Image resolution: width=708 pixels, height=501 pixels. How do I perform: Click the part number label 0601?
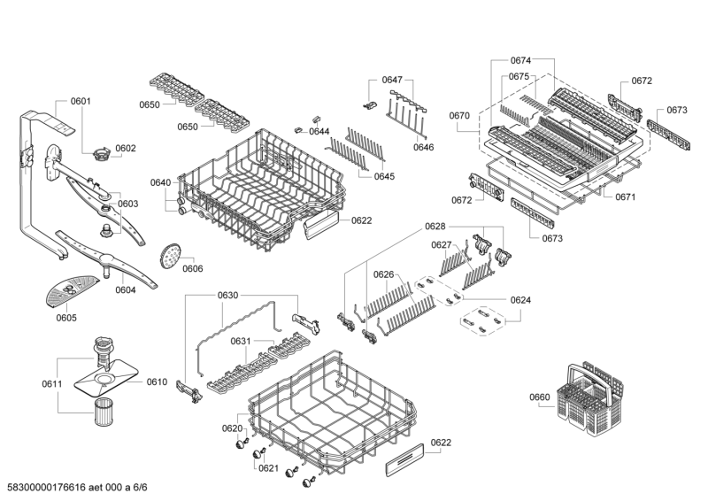pyautogui.click(x=80, y=101)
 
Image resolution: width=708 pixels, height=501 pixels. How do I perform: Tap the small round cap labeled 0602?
pyautogui.click(x=101, y=157)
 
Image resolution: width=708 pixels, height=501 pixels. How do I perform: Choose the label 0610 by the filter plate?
pyautogui.click(x=156, y=382)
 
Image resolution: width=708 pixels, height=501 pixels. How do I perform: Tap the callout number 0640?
pyautogui.click(x=160, y=183)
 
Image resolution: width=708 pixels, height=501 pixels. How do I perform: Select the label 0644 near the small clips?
pyautogui.click(x=319, y=132)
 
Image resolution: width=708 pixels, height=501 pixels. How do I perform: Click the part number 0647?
pyautogui.click(x=392, y=81)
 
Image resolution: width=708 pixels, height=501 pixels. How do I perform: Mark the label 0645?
pyautogui.click(x=383, y=176)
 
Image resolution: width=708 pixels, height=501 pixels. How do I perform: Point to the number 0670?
pyautogui.click(x=459, y=116)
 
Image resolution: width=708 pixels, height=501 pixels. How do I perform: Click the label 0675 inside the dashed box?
pyautogui.click(x=519, y=77)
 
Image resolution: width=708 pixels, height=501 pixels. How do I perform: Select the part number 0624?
pyautogui.click(x=520, y=300)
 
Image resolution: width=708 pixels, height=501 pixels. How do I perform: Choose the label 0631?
pyautogui.click(x=241, y=341)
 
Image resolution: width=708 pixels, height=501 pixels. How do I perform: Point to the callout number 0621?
pyautogui.click(x=268, y=468)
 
